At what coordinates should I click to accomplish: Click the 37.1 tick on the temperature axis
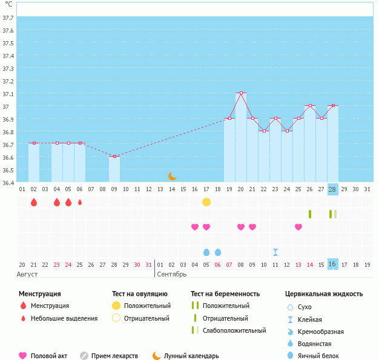[x=8, y=94]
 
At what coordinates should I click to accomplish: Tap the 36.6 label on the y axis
[x=8, y=157]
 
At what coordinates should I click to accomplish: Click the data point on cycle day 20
[x=241, y=93]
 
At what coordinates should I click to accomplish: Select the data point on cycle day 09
[x=114, y=156]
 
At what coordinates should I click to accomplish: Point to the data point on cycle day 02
[x=34, y=143]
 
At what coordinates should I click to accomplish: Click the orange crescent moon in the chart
[x=173, y=175]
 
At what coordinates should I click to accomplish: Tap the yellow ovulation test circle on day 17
[x=206, y=201]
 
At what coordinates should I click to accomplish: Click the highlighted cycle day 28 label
[x=332, y=189]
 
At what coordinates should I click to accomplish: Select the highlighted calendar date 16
[x=332, y=264]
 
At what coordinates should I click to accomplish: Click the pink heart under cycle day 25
[x=298, y=227]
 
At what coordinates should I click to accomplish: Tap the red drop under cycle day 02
[x=34, y=202]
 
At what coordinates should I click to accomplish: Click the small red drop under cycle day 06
[x=80, y=202]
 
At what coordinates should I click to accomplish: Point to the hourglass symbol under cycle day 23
[x=275, y=252]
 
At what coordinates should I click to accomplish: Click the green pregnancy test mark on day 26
[x=310, y=214]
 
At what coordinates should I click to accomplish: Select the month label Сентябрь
[x=172, y=274]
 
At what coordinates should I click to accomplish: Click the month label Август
[x=28, y=274]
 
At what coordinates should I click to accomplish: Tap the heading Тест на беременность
[x=225, y=293]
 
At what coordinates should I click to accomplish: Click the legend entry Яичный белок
[x=318, y=356]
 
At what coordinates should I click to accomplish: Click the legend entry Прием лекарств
[x=114, y=356]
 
